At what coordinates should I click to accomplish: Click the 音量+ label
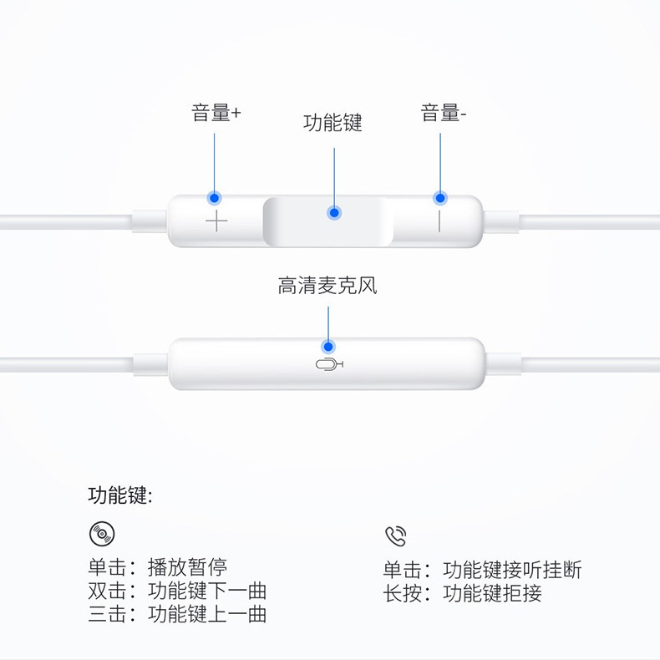point(216,114)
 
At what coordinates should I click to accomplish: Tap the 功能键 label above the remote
point(333,124)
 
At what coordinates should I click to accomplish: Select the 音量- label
point(443,114)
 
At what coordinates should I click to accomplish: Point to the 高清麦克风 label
point(327,287)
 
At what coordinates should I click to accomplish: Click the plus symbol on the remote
point(216,221)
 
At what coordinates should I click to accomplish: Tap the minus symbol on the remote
point(439,221)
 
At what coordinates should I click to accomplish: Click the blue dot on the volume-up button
point(215,198)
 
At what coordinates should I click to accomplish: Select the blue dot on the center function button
point(334,213)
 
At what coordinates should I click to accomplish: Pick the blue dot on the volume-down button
point(439,198)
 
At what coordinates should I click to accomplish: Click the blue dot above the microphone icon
point(328,346)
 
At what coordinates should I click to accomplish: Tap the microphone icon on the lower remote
point(329,364)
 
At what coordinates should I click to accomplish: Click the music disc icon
point(102,534)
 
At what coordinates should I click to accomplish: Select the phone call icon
point(395,536)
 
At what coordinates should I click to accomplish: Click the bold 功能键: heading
point(120,495)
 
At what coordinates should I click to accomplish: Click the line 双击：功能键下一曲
point(177,591)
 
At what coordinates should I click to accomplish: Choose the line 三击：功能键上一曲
point(177,615)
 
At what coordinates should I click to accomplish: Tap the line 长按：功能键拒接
point(462,593)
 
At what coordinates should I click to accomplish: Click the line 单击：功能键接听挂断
point(482,571)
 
